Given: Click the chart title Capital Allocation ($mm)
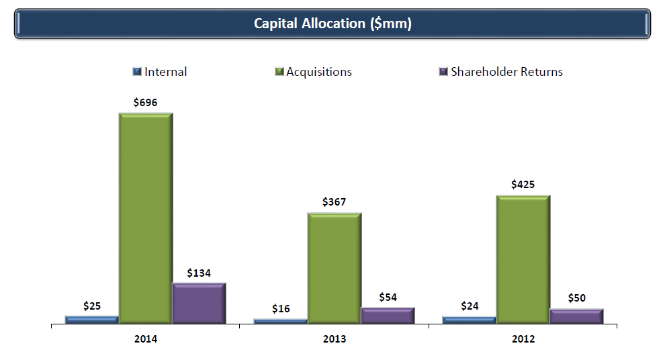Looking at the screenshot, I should coord(332,24).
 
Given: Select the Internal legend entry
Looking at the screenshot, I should coord(161,72).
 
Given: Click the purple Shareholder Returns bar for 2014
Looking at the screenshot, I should coord(199,303).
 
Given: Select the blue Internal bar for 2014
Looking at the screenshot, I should coord(92,319).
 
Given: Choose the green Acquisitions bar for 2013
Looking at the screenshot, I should coord(335,268).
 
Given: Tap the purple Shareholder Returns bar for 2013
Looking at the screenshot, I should coord(388,315).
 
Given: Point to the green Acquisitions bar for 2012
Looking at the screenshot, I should coord(523,259).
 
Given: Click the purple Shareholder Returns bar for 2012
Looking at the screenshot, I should coord(576,316).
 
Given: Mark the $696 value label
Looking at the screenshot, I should coord(146,102).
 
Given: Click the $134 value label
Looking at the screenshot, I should coord(199,273).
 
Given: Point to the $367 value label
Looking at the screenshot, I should coord(335,202).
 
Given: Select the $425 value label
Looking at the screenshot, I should coord(523,184).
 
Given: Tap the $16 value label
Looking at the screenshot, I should coord(281,308).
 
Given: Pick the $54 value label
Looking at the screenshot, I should coord(388,297).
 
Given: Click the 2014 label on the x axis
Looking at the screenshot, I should coord(146,339).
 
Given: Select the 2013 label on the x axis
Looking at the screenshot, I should coord(335,339).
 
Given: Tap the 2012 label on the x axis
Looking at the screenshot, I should coord(523,339).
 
